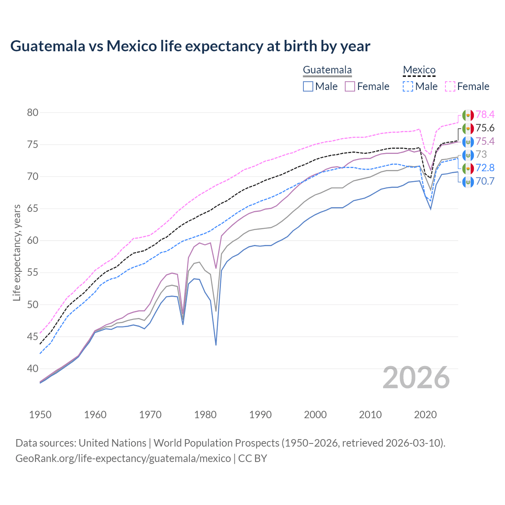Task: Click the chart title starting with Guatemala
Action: (x=190, y=46)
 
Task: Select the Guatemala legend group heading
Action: (x=327, y=70)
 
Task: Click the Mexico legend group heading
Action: (x=419, y=70)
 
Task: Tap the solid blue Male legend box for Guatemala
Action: (x=308, y=86)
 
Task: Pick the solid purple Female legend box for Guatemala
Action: (x=350, y=86)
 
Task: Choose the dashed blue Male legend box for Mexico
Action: (x=408, y=86)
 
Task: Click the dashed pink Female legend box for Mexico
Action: (x=450, y=86)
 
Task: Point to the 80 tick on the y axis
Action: (x=32, y=113)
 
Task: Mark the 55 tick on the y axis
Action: (x=32, y=273)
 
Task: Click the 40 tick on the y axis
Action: (x=32, y=369)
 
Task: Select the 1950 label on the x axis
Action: (x=40, y=415)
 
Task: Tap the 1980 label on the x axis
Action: (x=205, y=415)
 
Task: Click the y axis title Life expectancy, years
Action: (x=17, y=252)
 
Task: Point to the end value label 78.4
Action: (x=485, y=115)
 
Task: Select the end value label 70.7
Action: (x=485, y=181)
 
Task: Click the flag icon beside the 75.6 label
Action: (x=468, y=128)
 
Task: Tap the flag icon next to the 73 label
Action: (x=468, y=155)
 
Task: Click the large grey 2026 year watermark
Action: (x=416, y=378)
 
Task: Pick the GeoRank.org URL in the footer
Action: (x=123, y=458)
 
